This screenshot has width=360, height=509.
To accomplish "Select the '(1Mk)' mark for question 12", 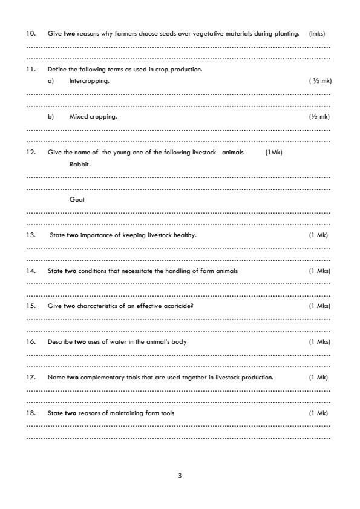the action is click(273, 153).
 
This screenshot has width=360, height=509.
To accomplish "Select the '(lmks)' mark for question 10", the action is click(317, 34).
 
